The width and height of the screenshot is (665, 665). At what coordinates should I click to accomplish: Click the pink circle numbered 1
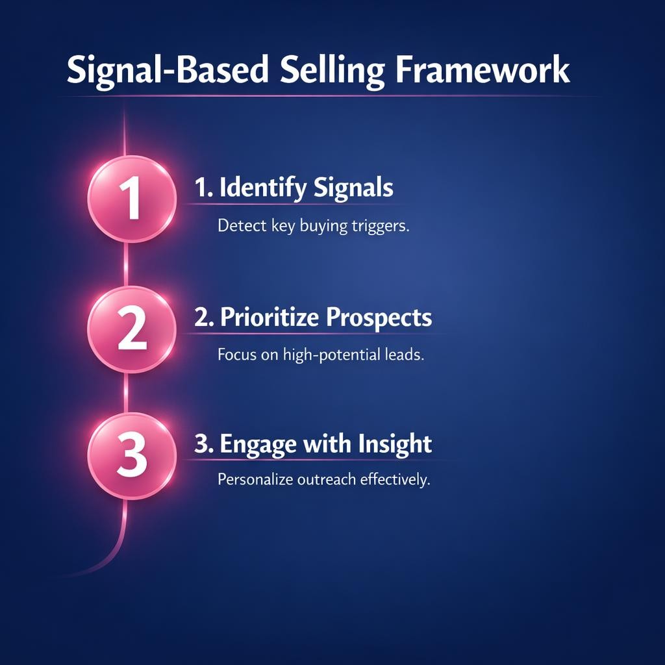[132, 198]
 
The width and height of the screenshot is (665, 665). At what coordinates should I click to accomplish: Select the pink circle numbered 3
[132, 455]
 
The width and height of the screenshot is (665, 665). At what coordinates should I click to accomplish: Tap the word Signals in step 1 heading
[353, 188]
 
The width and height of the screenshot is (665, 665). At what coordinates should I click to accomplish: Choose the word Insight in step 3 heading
[395, 444]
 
